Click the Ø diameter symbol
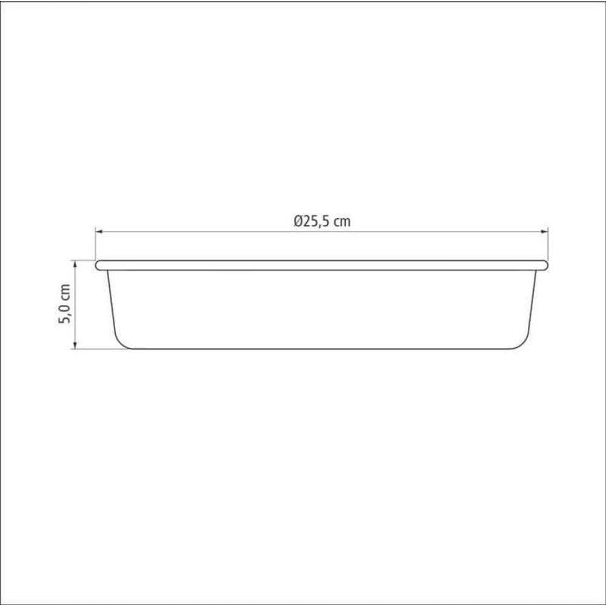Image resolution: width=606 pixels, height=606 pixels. tap(298, 221)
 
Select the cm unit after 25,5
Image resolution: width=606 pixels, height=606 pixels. tap(343, 222)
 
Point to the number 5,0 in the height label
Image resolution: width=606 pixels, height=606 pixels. tap(65, 313)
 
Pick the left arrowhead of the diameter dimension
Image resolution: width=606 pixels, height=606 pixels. tap(99, 231)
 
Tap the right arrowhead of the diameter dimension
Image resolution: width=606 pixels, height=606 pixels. tap(545, 231)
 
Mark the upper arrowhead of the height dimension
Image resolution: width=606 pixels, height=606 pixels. tap(75, 264)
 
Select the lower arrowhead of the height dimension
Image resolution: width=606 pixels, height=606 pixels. tap(75, 345)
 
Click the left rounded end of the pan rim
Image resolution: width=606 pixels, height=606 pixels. tap(98, 265)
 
